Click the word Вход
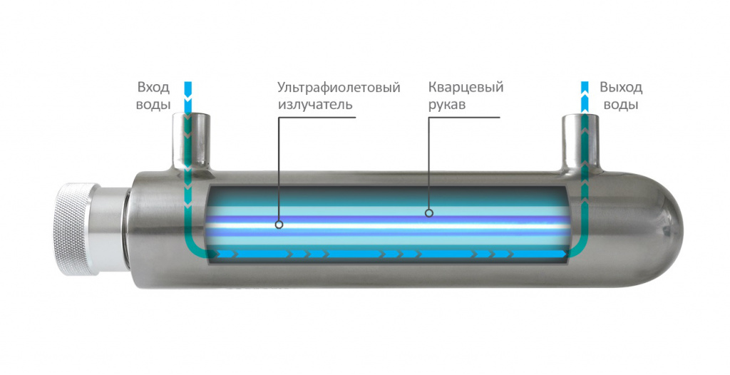(x=153, y=88)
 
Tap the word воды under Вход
(x=153, y=104)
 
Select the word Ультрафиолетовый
(x=339, y=88)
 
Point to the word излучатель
(x=315, y=104)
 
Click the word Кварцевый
(x=466, y=88)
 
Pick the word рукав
(x=448, y=104)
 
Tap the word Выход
(x=620, y=88)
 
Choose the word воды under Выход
(x=620, y=104)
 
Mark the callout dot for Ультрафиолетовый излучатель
(x=279, y=224)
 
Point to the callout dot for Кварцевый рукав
(x=429, y=212)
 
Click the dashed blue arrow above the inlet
(x=188, y=96)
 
